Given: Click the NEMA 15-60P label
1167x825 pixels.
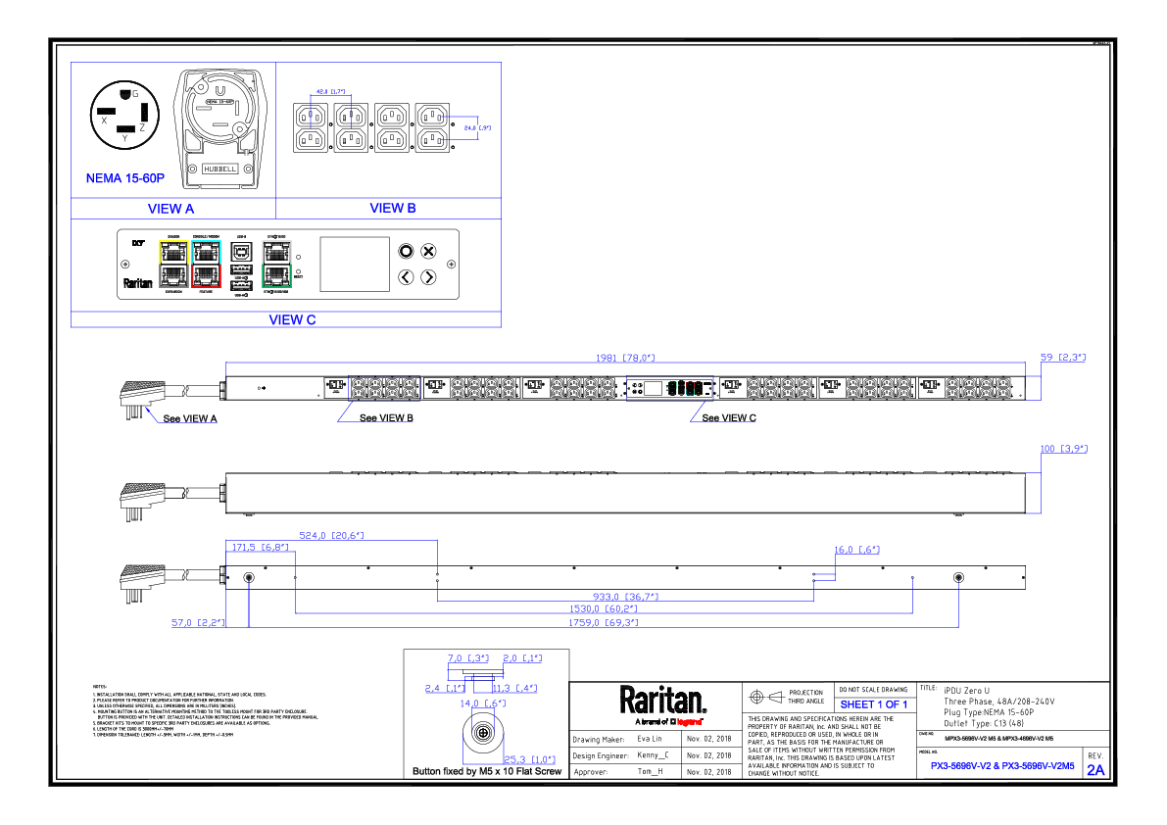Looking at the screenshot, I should click(125, 179).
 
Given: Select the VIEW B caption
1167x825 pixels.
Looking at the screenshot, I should click(392, 208).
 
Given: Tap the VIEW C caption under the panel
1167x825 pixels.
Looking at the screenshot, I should click(292, 319).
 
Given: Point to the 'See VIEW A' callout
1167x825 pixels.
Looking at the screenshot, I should click(189, 418).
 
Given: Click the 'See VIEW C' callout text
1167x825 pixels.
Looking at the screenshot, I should click(729, 417).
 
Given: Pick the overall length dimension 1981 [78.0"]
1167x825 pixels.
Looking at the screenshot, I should click(625, 358).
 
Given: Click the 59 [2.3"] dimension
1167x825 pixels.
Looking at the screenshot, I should click(1063, 358).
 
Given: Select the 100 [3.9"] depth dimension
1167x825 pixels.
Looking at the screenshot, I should click(1063, 449).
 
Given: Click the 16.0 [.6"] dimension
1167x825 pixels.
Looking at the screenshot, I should click(857, 550).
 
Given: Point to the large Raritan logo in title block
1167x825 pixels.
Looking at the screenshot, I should click(662, 701).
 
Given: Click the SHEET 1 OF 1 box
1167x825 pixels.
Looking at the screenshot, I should click(873, 704).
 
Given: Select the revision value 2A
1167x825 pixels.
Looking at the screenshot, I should click(1095, 770).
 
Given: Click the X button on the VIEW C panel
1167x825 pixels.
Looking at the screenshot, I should click(428, 252).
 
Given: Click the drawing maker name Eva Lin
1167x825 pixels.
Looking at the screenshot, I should click(651, 739).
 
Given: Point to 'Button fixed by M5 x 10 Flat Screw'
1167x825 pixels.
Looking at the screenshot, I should click(487, 772).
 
